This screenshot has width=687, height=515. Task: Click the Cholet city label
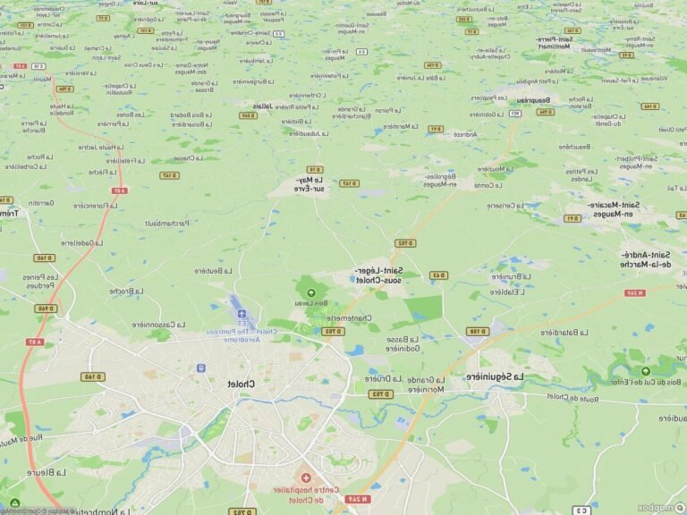tap(242, 384)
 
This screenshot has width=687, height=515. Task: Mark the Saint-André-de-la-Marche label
tap(647, 258)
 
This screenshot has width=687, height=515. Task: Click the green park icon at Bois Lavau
tap(311, 293)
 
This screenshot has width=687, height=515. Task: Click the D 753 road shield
tap(379, 393)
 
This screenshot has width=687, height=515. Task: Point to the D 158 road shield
tap(479, 331)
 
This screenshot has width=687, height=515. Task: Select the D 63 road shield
tap(437, 275)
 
